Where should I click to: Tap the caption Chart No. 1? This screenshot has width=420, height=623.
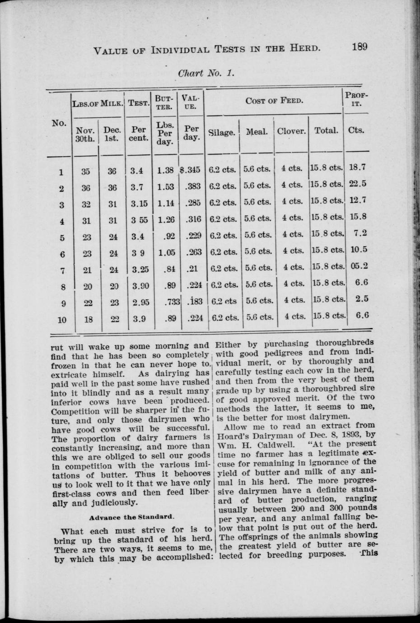[x=206, y=73]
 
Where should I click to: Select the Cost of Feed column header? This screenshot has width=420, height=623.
[x=274, y=100]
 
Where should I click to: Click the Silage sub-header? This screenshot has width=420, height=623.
[x=222, y=133]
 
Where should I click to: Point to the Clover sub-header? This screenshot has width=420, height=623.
[x=291, y=131]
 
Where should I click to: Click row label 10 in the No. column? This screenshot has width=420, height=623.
[x=62, y=320]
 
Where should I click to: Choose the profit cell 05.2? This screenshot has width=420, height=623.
[x=359, y=266]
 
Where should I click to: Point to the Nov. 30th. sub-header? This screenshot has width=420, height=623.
[x=85, y=134]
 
